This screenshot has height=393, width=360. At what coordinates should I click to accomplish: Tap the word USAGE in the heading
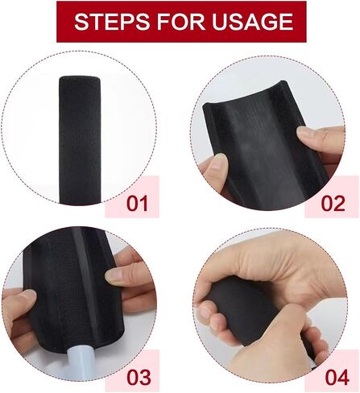(x=253, y=22)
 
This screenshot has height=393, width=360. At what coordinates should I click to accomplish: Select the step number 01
(x=137, y=204)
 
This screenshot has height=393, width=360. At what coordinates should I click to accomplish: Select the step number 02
(x=333, y=204)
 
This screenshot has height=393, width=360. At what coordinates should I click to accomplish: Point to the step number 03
(x=139, y=377)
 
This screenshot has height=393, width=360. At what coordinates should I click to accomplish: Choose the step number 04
(x=337, y=377)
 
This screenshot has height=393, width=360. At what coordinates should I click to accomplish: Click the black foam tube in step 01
(x=80, y=139)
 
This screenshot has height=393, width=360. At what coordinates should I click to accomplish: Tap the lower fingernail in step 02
(x=221, y=160)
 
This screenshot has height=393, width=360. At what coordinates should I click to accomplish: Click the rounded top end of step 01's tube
(x=80, y=80)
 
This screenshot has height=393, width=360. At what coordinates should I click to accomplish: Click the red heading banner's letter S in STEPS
(x=81, y=22)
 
